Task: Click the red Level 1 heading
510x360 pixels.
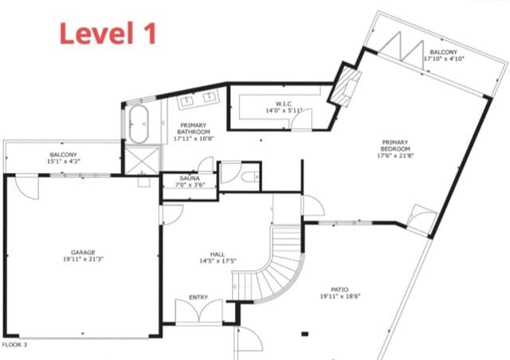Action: (108, 33)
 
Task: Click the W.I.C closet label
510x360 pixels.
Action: (284, 103)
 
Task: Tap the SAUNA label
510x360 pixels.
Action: (190, 178)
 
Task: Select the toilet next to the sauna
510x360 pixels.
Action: (249, 176)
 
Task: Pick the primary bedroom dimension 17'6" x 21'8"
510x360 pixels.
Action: (394, 156)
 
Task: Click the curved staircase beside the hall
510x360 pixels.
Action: (279, 263)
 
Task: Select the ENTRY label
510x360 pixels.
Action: (198, 297)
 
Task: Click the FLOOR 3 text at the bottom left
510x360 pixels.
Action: (15, 345)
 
